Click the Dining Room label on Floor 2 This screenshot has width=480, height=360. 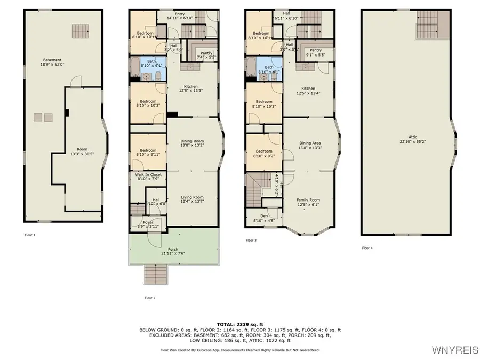click(191, 141)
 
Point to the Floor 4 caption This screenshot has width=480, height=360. click(367, 248)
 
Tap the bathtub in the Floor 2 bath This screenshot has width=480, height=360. click(135, 68)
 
